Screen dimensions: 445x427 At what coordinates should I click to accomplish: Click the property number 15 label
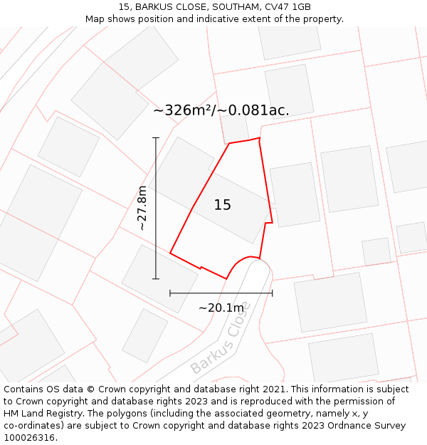(223, 205)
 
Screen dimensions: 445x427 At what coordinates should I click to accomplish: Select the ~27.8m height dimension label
(142, 208)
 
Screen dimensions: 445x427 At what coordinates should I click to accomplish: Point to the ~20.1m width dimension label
(221, 308)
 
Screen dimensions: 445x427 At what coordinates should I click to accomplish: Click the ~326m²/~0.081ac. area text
(221, 110)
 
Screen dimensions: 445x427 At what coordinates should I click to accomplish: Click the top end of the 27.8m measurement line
(156, 137)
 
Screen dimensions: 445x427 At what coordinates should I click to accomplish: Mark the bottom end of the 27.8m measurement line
(156, 278)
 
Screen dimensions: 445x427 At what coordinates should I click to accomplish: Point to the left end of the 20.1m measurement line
(170, 293)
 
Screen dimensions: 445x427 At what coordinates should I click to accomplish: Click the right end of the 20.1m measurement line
(273, 293)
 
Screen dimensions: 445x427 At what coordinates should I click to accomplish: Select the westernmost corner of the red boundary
(170, 253)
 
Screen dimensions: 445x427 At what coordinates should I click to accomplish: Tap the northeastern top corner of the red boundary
(259, 138)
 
